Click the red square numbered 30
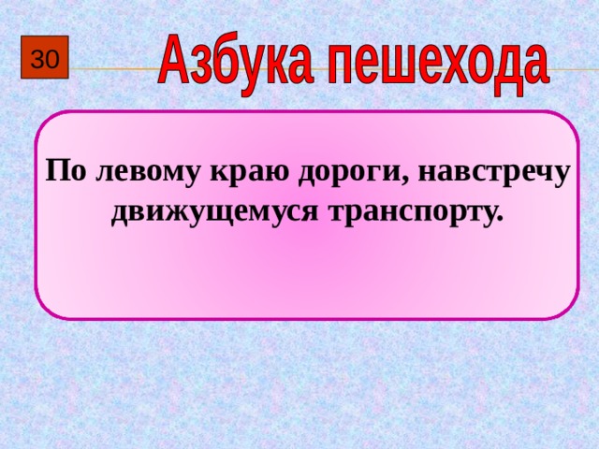click(44, 60)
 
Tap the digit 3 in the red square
click(37, 61)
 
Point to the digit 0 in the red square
click(51, 61)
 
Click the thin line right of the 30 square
click(112, 68)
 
